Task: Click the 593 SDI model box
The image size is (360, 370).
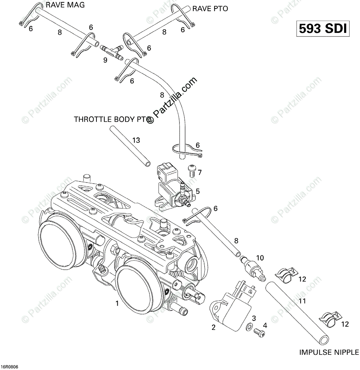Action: tap(323, 29)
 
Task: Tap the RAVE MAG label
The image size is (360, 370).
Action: tap(65, 5)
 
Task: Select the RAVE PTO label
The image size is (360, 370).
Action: tap(210, 9)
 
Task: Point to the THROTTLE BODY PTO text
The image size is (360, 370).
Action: tap(112, 119)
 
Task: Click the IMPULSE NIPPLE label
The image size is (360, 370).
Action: tap(329, 352)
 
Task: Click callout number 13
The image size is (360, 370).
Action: tap(136, 140)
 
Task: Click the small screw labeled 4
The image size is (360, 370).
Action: tap(259, 333)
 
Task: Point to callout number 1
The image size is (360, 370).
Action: tap(117, 303)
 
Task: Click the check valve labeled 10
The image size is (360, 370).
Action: tap(253, 268)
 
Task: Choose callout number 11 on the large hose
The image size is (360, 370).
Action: tap(302, 301)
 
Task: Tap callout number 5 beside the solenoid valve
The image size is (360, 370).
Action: tap(198, 191)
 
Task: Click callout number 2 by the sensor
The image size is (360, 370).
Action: tap(213, 327)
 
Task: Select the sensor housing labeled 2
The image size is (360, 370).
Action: tap(232, 306)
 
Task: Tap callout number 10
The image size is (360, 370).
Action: tap(260, 258)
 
